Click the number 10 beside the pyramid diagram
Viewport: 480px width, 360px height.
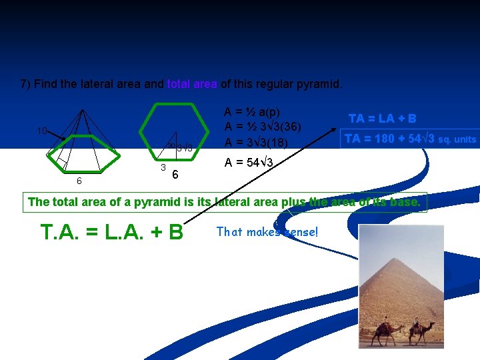(41, 131)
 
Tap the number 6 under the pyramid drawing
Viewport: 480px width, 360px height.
(79, 181)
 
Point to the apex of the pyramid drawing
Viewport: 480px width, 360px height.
(82, 109)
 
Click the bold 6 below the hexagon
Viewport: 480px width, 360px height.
(175, 175)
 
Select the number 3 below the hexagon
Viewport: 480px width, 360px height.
(163, 166)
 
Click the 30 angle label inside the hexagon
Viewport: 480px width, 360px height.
(171, 146)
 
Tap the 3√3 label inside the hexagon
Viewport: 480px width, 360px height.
(184, 148)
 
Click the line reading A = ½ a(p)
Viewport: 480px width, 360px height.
(252, 111)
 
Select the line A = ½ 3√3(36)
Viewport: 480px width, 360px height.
(263, 127)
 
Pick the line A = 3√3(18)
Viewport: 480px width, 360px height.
(256, 142)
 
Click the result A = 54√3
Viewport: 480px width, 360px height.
(249, 162)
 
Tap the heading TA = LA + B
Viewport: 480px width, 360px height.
(383, 119)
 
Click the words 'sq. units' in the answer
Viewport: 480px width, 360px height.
(457, 139)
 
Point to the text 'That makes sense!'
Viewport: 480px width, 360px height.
(267, 232)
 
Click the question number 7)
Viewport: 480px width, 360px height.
(25, 85)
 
